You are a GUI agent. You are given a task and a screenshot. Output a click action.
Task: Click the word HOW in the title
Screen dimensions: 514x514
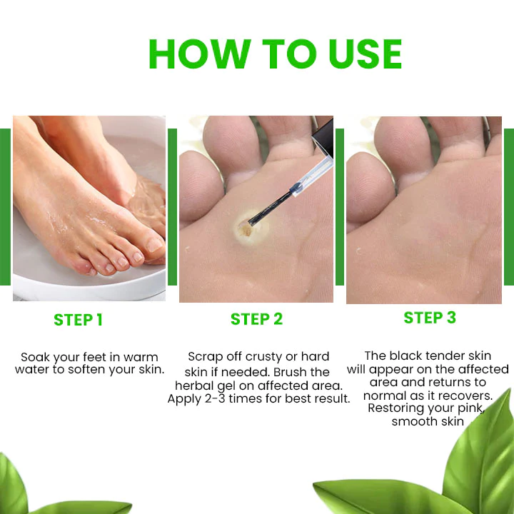tap(200, 54)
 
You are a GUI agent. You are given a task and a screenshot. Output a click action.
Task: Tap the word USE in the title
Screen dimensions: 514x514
tap(366, 54)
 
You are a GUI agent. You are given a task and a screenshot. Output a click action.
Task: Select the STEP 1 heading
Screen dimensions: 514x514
tap(79, 320)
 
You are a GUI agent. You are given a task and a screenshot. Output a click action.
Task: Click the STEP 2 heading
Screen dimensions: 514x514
tap(256, 319)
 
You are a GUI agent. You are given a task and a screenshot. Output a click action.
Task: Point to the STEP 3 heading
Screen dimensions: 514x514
tap(430, 318)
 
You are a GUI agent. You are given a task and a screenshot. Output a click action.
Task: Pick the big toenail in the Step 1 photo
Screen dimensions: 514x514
tap(154, 245)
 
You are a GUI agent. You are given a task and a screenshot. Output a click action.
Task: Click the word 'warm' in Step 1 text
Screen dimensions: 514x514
tap(141, 357)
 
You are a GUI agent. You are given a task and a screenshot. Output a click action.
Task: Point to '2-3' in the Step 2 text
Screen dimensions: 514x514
tap(215, 399)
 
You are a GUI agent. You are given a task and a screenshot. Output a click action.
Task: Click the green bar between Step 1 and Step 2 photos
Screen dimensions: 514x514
tap(173, 207)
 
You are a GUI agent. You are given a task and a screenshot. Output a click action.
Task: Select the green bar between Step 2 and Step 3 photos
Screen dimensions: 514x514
tap(340, 207)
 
